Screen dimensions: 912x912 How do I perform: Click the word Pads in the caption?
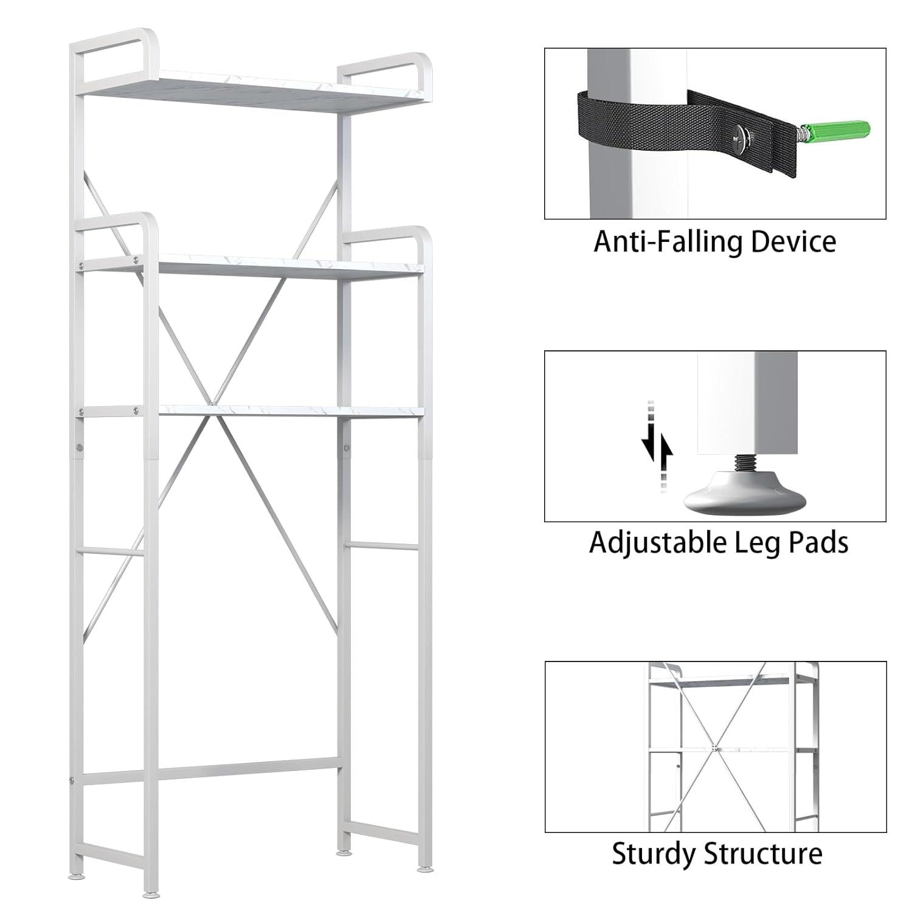pyautogui.click(x=818, y=542)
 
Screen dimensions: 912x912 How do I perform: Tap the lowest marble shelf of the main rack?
pyautogui.click(x=286, y=411)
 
